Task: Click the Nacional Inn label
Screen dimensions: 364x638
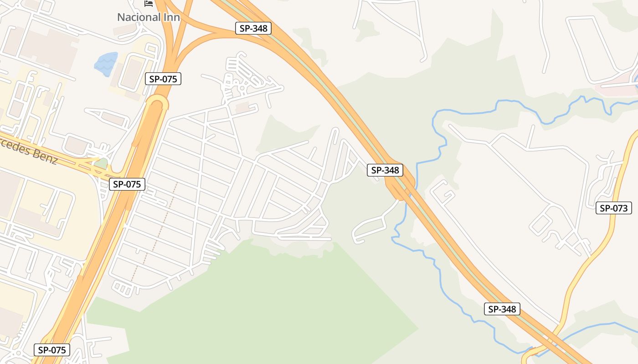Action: point(149,17)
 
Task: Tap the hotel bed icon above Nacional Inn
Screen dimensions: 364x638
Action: point(149,3)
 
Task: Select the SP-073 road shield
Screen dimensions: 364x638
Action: point(614,208)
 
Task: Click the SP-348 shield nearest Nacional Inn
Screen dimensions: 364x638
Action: point(253,28)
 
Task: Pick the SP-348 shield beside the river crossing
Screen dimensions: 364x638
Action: point(385,170)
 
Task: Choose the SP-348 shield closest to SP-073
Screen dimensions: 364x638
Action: point(501,309)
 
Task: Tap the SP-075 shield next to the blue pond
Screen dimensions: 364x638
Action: point(163,79)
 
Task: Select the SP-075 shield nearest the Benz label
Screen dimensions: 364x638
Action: point(127,184)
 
